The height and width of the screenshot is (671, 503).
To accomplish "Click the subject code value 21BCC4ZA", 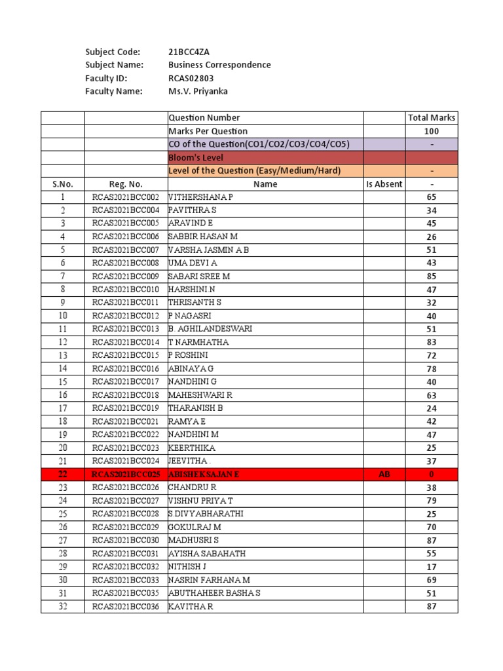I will (x=190, y=52).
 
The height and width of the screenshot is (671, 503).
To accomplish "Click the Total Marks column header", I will (x=432, y=118).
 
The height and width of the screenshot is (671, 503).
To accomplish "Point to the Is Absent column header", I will (x=384, y=184).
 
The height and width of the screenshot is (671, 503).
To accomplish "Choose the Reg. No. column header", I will (x=126, y=184).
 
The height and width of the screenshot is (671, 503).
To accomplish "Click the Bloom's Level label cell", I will (x=196, y=157).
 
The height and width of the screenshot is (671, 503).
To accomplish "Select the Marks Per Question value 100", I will (x=432, y=131).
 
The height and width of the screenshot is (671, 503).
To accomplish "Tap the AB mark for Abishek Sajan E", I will (x=384, y=474).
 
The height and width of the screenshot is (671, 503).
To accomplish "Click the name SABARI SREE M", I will (x=199, y=277).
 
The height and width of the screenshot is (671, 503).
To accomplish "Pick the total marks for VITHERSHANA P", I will (x=432, y=197).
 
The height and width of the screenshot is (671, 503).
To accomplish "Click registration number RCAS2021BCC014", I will (x=126, y=342).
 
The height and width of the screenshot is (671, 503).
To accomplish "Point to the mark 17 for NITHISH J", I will (x=432, y=566).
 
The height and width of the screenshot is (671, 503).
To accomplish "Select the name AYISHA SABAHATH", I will (x=207, y=553).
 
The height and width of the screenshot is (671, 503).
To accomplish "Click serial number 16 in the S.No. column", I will (x=63, y=395).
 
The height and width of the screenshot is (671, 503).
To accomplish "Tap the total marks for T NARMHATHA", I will (x=432, y=342).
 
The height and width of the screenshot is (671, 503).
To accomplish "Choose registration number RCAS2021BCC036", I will (x=126, y=606).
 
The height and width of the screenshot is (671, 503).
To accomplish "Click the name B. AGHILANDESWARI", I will (x=210, y=329).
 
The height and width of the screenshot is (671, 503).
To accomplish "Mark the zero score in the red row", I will (x=432, y=474).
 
